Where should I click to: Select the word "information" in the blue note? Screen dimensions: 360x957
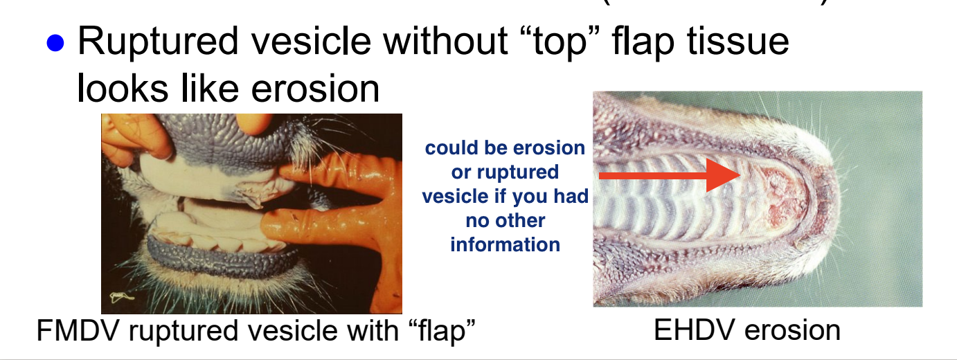click(x=505, y=244)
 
